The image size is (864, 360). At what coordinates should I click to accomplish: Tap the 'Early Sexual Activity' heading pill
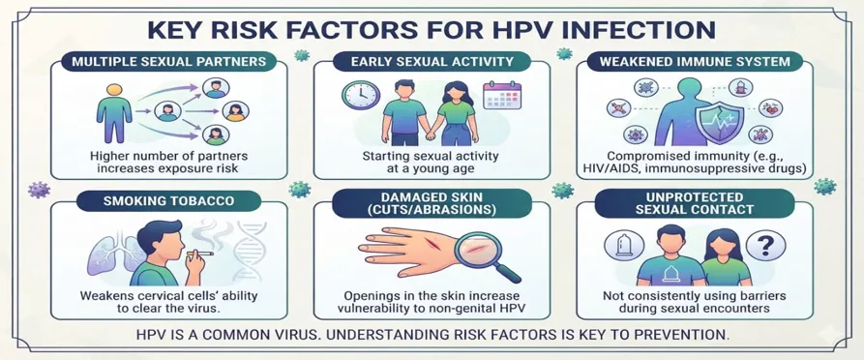point(432,60)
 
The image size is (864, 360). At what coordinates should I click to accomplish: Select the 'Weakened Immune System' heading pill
point(694,60)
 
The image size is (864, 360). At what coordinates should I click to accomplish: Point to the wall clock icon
point(360,95)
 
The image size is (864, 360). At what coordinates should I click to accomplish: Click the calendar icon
point(501,95)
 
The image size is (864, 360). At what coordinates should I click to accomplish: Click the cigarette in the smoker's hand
point(200,253)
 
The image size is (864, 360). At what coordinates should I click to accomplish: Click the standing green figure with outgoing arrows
point(114,113)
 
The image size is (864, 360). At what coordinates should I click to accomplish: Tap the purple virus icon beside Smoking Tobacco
point(39,191)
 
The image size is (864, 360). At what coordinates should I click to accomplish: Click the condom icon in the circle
point(622,246)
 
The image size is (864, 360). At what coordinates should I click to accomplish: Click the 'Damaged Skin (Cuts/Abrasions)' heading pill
point(432,203)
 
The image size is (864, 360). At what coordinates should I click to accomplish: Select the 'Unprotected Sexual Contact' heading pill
point(694,203)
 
